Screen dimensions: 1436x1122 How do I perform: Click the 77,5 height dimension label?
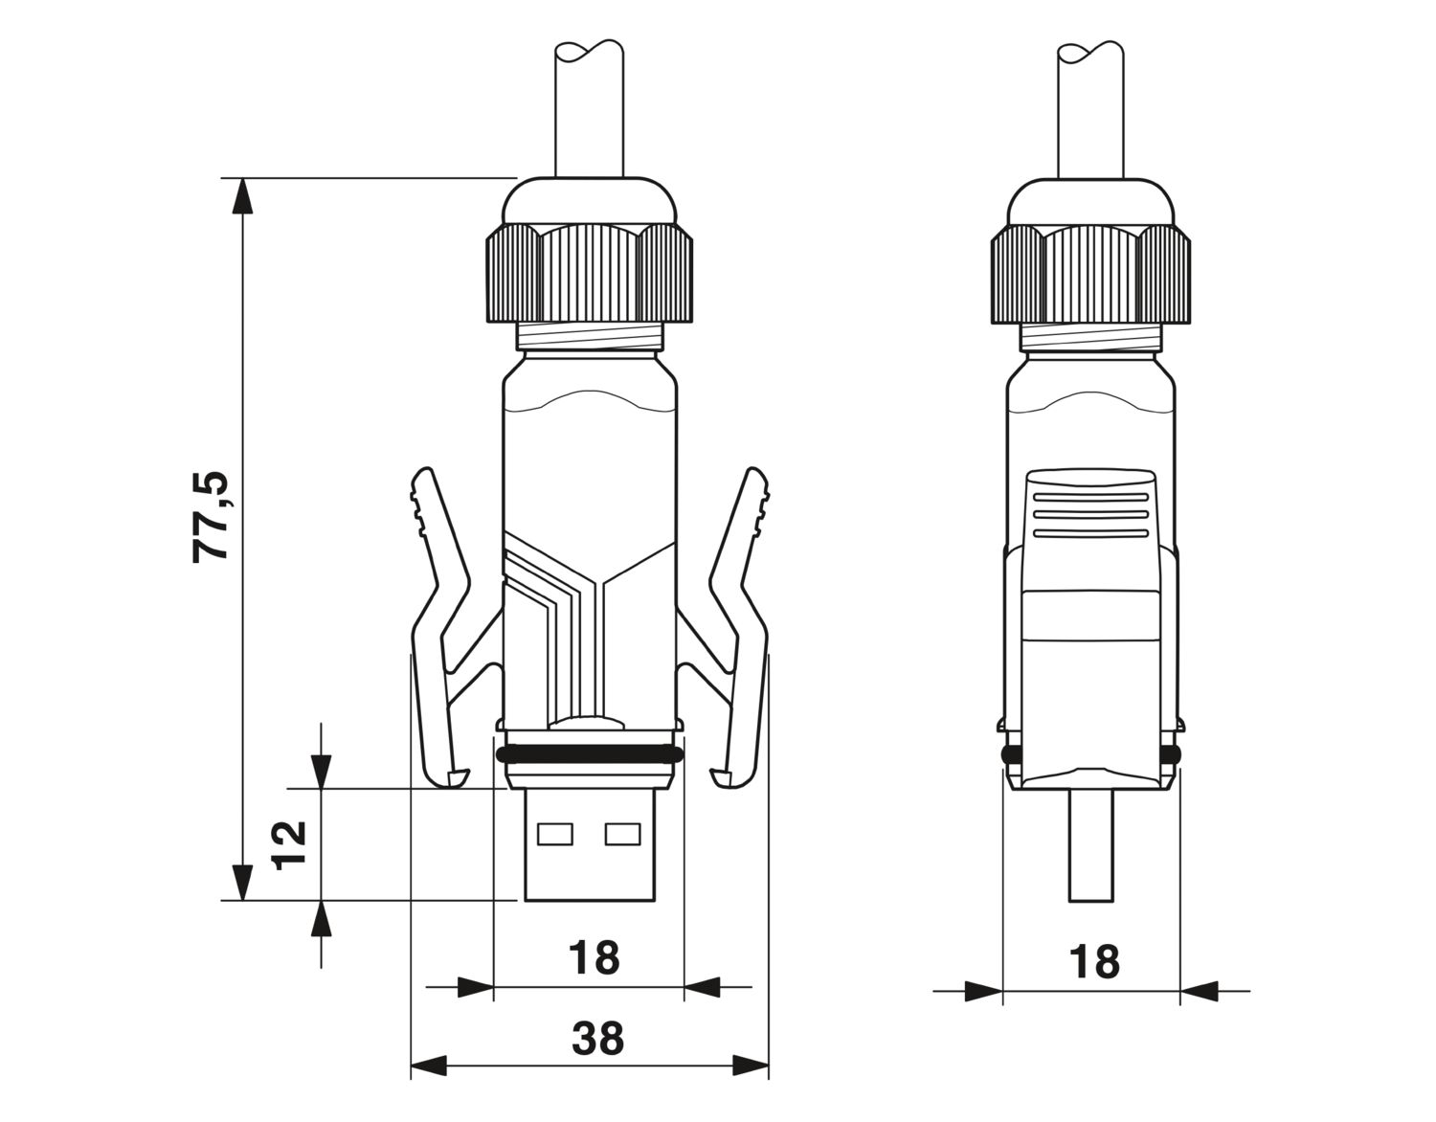211,516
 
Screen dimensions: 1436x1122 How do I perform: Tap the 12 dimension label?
289,845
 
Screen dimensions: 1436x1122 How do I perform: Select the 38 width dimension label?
597,1038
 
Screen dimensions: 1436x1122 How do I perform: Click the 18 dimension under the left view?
595,957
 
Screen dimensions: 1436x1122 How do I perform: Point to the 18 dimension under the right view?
1094,962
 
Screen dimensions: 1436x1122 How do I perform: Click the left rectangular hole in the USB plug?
555,834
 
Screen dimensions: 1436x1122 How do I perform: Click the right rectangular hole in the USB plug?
622,834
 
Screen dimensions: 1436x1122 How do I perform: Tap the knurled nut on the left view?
590,273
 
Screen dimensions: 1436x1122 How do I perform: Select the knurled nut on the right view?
1090,273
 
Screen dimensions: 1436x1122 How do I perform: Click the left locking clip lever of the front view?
441,628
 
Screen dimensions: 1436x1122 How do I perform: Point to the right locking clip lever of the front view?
738,628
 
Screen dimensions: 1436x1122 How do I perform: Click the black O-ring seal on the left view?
590,754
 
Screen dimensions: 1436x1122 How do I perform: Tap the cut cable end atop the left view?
590,52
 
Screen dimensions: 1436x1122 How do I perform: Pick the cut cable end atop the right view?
1090,52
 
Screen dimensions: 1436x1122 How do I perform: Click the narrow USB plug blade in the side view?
1091,844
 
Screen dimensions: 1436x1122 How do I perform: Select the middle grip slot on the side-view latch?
1091,514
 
